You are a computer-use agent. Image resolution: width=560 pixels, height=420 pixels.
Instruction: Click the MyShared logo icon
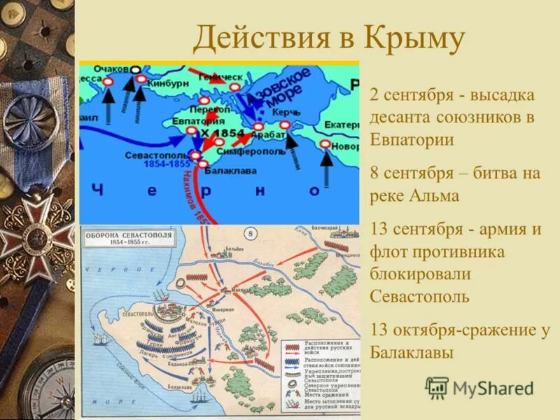pos(437,388)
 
